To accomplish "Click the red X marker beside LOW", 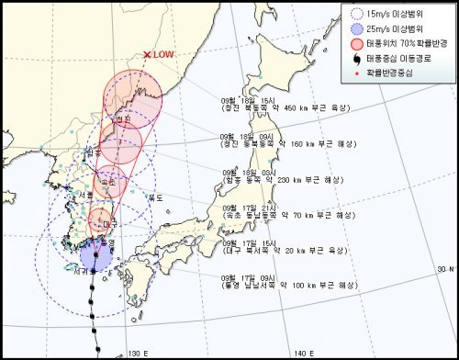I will tap(146, 55).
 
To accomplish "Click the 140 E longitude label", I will tap(302, 353).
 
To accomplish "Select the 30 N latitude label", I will tap(445, 269).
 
